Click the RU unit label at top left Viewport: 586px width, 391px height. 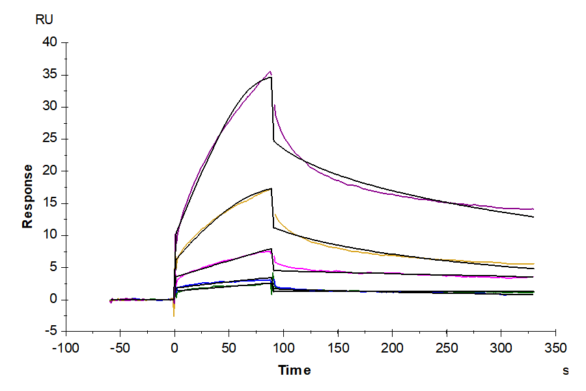(44, 20)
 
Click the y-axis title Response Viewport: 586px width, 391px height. (27, 196)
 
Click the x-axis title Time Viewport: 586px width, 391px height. (294, 370)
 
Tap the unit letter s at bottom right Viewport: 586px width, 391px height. (566, 371)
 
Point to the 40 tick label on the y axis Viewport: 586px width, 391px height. (50, 42)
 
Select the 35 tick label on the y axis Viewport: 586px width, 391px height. (50, 75)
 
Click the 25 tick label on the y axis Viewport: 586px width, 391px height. (50, 139)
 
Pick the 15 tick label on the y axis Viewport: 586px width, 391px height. (50, 203)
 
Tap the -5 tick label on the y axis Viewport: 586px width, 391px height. (50, 332)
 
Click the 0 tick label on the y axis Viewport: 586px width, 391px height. (54, 300)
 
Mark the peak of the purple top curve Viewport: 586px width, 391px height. (270, 72)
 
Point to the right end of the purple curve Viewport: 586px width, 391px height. (533, 209)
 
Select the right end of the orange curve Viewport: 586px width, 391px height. (533, 263)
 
